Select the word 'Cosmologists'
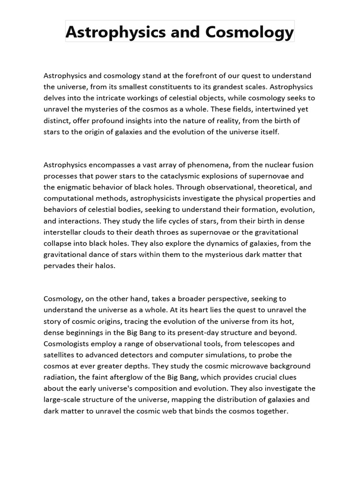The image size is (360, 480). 66,344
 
